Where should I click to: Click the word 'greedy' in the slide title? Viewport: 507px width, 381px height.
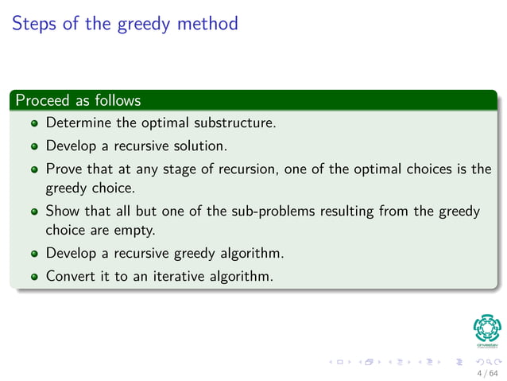click(145, 24)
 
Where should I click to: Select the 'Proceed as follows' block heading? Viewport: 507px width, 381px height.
click(78, 101)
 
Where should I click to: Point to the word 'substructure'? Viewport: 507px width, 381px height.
click(235, 123)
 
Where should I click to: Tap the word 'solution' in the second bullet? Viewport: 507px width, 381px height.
click(203, 146)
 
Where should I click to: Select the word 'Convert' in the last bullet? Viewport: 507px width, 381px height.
click(71, 276)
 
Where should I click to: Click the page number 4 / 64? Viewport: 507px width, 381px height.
click(486, 372)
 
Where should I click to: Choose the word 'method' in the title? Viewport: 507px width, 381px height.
click(207, 23)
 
